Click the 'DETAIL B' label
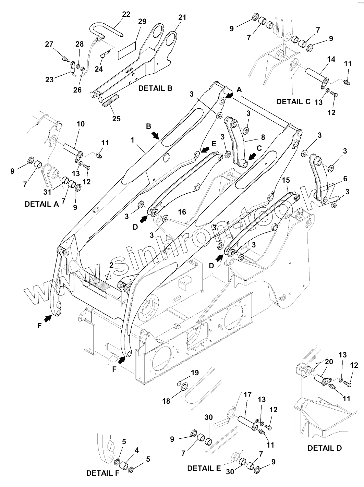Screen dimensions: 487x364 coord(155,88)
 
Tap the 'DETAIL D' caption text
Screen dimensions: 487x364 coord(324,448)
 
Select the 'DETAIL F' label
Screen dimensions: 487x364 coord(103,473)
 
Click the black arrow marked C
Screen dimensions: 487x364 coord(253,156)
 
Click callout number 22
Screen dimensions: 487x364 coord(126,14)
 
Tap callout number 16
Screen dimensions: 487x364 coord(182,212)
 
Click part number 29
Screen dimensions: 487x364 coord(142,22)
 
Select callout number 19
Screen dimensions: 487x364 coord(195,373)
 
